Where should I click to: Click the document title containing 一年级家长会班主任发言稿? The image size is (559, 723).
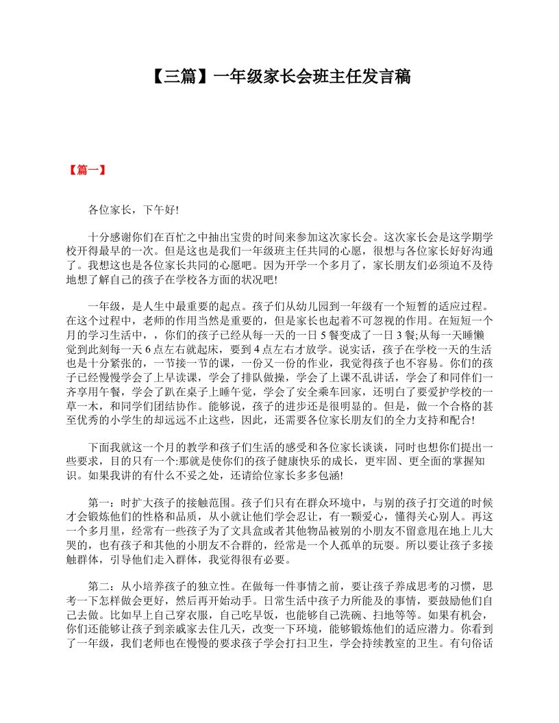click(x=279, y=76)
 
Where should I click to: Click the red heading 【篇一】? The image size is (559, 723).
click(x=86, y=170)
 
